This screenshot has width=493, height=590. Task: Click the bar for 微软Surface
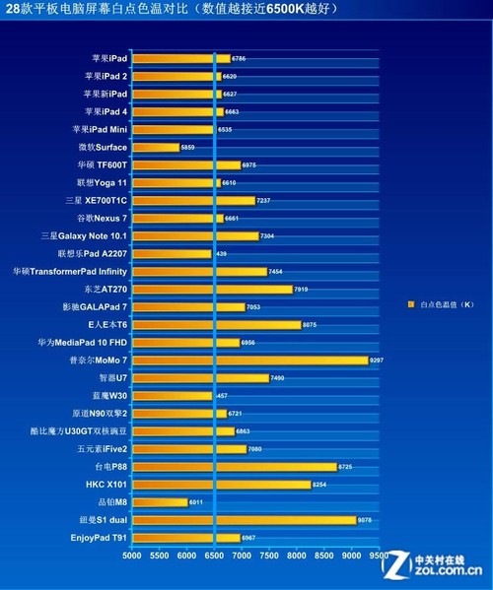point(156,147)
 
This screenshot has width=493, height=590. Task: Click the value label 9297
point(377,360)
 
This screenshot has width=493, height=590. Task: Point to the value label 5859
point(188,147)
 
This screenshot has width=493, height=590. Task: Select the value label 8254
point(318,484)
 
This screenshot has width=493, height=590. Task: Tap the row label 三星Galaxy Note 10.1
point(84,235)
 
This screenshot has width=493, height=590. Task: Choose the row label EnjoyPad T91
point(99,537)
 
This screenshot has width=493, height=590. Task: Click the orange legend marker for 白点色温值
point(410,304)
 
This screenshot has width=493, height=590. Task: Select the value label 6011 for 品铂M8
point(196,501)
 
